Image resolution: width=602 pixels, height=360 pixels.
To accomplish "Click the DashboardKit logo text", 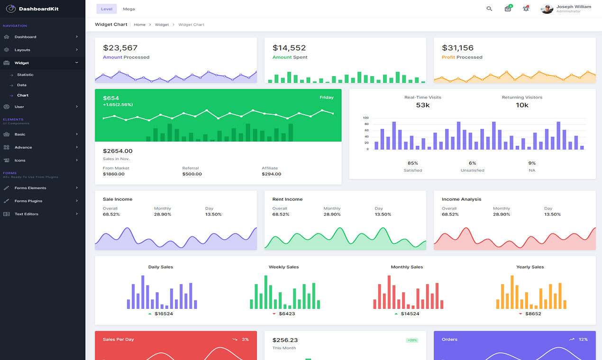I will point(39,9).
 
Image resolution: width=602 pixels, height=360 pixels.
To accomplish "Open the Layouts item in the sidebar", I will point(22,50).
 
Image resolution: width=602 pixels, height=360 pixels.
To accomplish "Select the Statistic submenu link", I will point(25,75).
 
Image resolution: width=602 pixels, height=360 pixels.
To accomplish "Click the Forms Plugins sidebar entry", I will point(28,201).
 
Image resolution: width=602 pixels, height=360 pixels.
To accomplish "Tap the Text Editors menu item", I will point(27,214).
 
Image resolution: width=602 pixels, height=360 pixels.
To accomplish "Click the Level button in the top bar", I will point(107,9).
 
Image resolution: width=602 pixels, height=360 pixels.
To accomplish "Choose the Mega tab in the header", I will point(128,9).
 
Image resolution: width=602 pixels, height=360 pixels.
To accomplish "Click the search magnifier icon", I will point(489,9).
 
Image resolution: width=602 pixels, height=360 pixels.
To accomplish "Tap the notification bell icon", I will point(526,9).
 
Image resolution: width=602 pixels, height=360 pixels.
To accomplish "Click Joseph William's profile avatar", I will point(547,9).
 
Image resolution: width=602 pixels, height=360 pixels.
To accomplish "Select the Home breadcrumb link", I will point(139,25).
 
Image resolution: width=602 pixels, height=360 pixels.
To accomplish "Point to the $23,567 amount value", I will point(120,48).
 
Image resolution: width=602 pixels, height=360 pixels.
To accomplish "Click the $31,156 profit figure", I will point(457,48).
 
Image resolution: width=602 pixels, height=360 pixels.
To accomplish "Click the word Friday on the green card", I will point(326,98).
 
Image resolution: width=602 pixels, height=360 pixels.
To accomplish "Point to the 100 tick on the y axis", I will point(365,118).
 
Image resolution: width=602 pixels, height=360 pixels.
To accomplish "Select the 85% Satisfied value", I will point(412,163).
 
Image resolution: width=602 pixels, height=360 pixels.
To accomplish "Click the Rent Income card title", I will point(287,199).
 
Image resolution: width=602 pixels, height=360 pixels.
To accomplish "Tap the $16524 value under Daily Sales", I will point(164,314).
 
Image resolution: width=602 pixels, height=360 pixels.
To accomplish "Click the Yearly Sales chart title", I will point(530,267).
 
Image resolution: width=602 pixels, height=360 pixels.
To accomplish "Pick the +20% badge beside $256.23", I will point(411,340).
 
